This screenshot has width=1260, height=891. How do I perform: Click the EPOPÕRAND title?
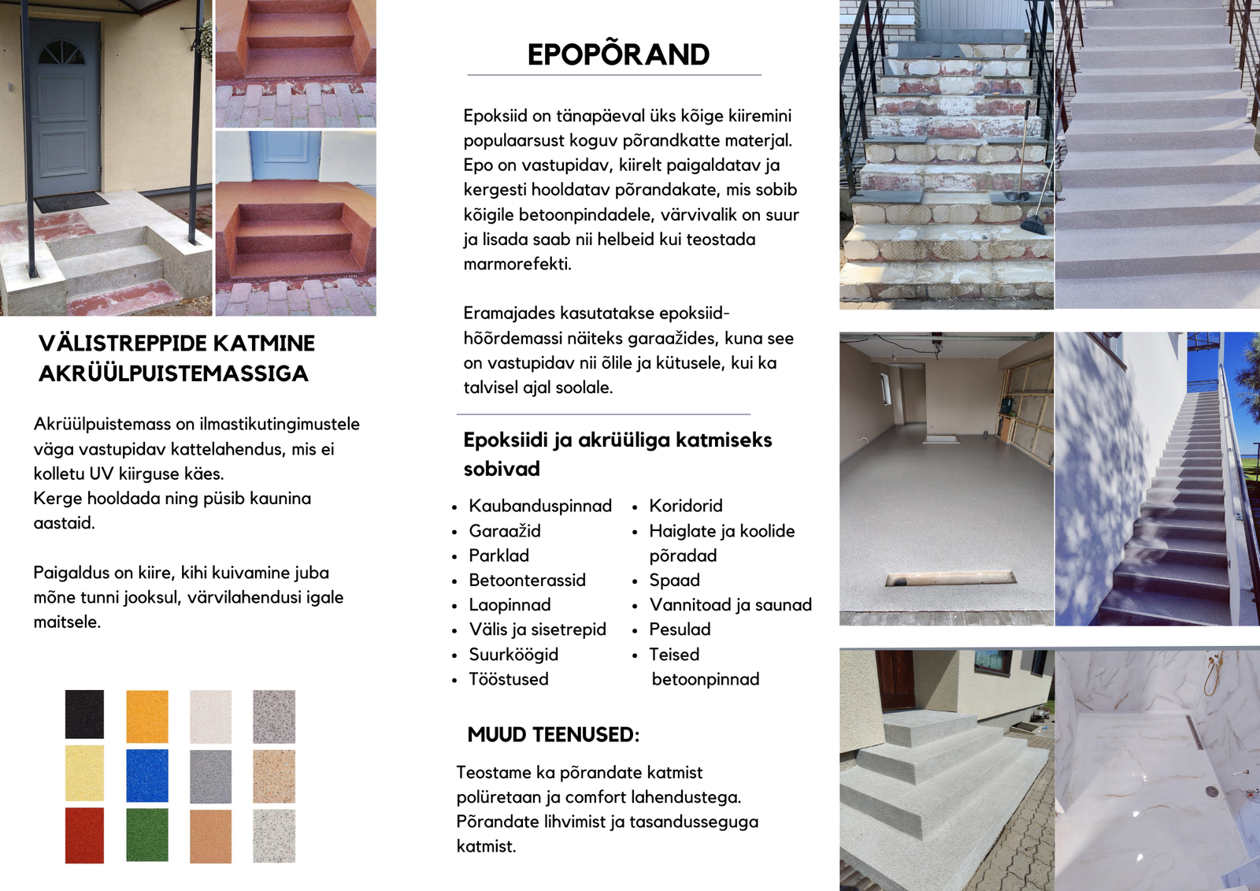pyautogui.click(x=618, y=54)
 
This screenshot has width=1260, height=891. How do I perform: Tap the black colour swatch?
pyautogui.click(x=84, y=714)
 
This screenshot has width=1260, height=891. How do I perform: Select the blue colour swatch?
pyautogui.click(x=147, y=775)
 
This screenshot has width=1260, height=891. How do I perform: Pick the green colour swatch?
pyautogui.click(x=147, y=834)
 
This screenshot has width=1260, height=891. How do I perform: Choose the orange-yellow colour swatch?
pyautogui.click(x=147, y=716)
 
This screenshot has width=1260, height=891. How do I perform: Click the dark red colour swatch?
pyautogui.click(x=84, y=835)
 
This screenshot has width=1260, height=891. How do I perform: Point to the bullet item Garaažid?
pyautogui.click(x=505, y=531)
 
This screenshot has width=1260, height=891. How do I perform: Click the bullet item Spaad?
pyautogui.click(x=674, y=581)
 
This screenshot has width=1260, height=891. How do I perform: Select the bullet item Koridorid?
pyautogui.click(x=685, y=506)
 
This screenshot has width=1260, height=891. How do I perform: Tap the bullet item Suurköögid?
pyautogui.click(x=513, y=655)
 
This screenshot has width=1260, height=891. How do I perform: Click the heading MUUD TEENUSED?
pyautogui.click(x=553, y=735)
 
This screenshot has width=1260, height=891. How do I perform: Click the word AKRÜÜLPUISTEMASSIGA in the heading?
pyautogui.click(x=173, y=373)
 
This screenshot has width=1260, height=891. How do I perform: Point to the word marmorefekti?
pyautogui.click(x=517, y=264)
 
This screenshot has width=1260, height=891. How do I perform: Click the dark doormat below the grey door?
pyautogui.click(x=71, y=202)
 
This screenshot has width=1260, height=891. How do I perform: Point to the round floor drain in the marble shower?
pyautogui.click(x=1212, y=791)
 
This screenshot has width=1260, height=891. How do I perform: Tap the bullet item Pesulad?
pyautogui.click(x=680, y=629)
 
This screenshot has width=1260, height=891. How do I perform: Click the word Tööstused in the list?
pyautogui.click(x=509, y=679)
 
